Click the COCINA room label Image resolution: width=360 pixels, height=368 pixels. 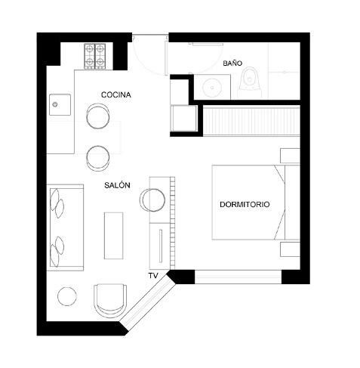(x=116, y=95)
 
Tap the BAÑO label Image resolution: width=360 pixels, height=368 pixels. (x=232, y=63)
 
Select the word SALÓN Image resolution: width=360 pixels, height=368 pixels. (x=117, y=185)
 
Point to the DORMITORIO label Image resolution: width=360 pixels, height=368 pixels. (x=245, y=204)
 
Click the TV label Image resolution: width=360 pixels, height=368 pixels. (x=153, y=276)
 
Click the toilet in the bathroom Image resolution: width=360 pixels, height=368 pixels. (x=251, y=79)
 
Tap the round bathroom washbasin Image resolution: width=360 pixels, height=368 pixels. (x=212, y=88)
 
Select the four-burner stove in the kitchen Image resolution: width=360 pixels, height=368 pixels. (x=95, y=56)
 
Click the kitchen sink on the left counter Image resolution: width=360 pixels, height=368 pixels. (x=60, y=104)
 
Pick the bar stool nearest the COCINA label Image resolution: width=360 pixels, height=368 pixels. (x=98, y=116)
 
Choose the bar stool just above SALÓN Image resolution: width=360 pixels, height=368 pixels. (x=98, y=158)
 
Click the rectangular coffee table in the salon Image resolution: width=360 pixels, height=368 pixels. (x=114, y=236)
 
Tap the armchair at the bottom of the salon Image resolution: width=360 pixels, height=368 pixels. (x=110, y=300)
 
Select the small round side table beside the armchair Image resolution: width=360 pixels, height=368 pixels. (x=67, y=296)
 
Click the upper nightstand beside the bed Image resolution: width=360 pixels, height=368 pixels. (x=290, y=156)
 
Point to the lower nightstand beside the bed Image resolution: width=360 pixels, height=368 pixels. (x=290, y=249)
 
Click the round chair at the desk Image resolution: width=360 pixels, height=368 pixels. (x=152, y=199)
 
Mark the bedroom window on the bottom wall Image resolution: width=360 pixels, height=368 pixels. (x=238, y=277)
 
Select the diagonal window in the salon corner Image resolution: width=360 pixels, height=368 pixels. (x=147, y=302)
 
